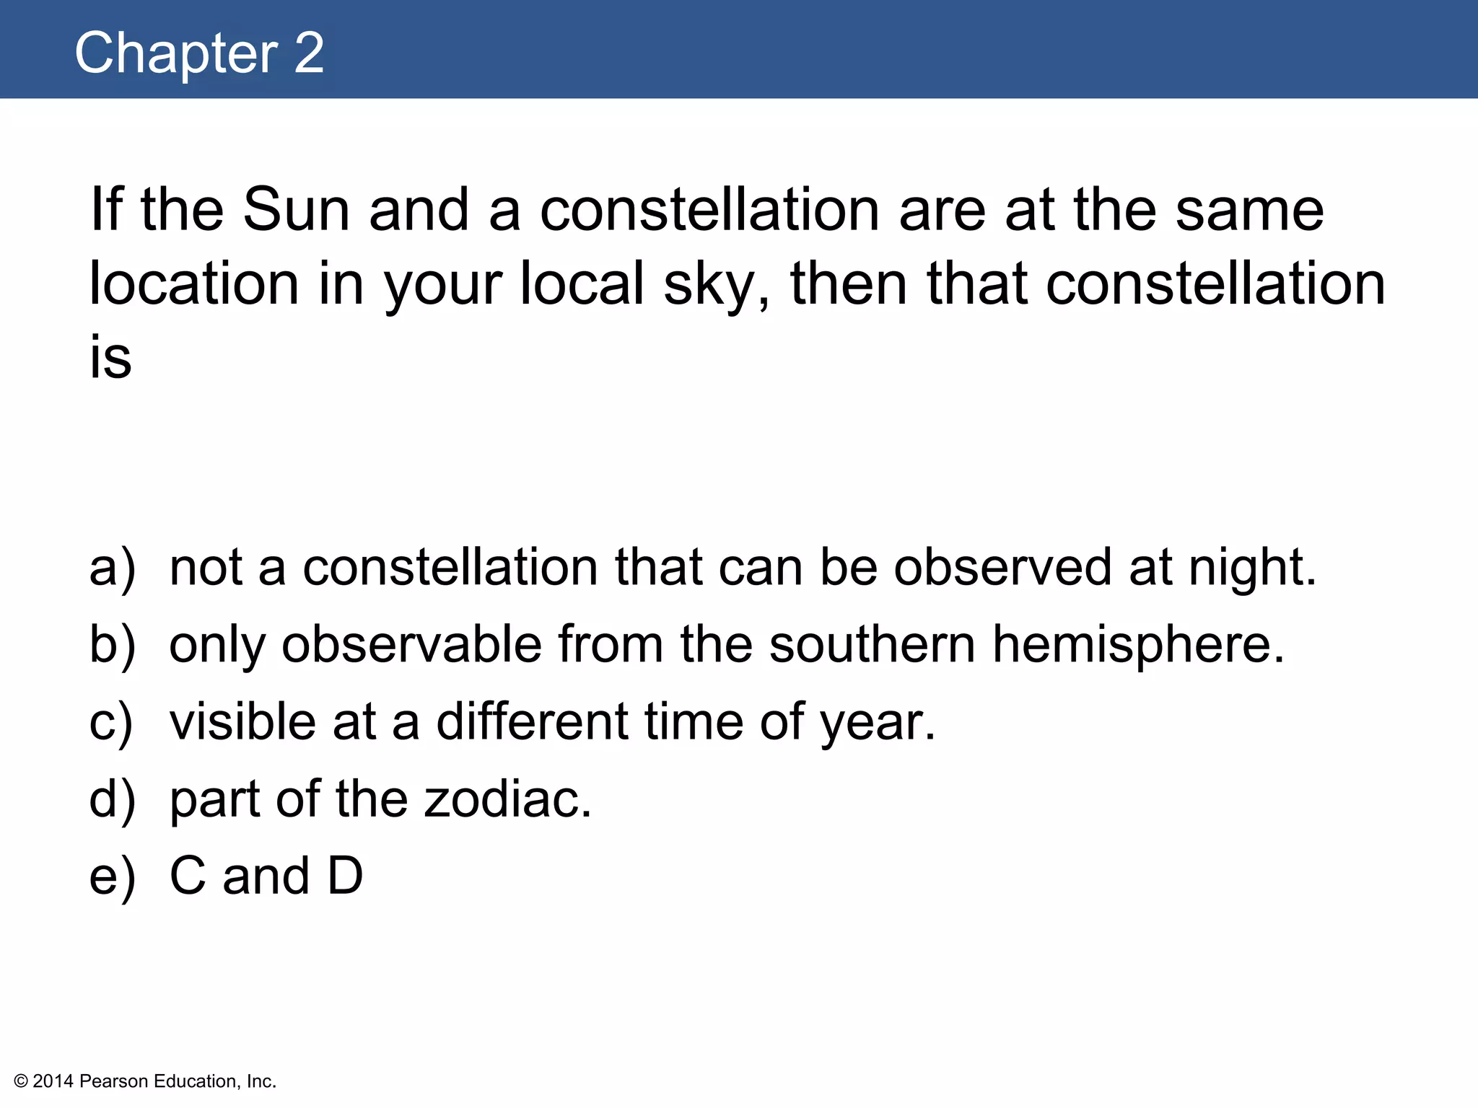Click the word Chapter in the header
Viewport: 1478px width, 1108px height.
[x=176, y=53]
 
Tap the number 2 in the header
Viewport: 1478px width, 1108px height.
[x=309, y=53]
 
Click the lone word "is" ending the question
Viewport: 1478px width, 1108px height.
[x=110, y=358]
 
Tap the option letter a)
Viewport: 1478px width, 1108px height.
[x=112, y=568]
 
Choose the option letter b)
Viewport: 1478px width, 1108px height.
[x=112, y=644]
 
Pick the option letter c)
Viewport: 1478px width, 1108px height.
[x=111, y=722]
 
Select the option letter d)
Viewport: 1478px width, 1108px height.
[x=112, y=799]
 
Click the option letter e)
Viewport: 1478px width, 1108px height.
[x=112, y=876]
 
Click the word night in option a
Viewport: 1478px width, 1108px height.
[x=1252, y=568]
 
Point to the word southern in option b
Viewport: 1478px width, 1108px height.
[x=872, y=644]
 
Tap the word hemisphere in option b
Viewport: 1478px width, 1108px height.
[x=1138, y=644]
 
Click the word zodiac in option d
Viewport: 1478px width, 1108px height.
[x=507, y=799]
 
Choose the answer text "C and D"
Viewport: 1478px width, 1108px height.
[x=266, y=876]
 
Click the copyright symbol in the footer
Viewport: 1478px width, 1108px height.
[x=21, y=1081]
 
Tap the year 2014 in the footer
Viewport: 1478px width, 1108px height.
[x=53, y=1081]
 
